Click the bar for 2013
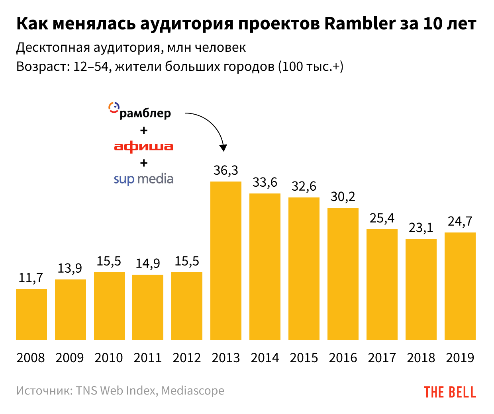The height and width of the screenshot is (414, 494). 226,261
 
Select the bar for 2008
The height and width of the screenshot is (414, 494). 31,314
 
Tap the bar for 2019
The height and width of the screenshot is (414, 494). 460,286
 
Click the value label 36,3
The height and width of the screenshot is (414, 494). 226,170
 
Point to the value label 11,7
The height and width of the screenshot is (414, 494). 31,278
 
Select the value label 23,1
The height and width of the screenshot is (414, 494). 421,228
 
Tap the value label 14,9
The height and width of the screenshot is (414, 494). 148,264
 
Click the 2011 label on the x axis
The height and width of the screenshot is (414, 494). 148,358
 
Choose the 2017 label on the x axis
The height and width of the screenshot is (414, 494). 382,358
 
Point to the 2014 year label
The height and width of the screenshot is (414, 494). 265,358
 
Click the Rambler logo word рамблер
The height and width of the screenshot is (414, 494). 145,113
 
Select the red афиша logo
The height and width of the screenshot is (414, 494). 144,146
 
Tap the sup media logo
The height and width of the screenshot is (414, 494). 143,179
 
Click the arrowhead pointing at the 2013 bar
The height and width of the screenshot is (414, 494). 223,148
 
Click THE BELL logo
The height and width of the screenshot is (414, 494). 450,392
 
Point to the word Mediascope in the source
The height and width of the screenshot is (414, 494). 193,391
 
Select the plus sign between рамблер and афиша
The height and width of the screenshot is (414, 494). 144,130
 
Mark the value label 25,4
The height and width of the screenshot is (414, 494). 382,218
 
